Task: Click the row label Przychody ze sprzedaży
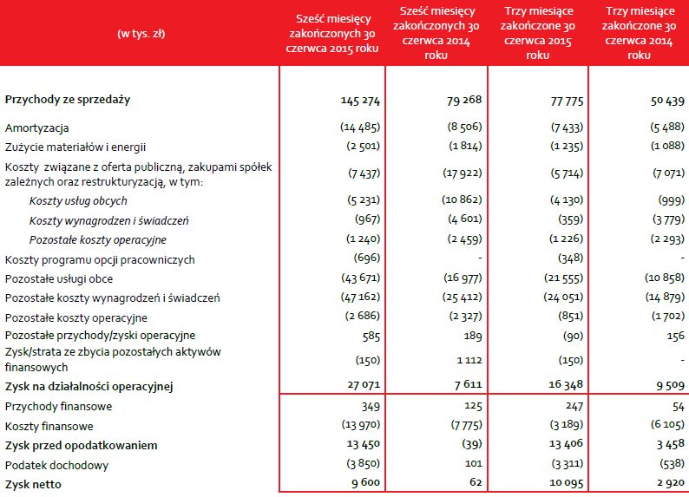tap(68, 100)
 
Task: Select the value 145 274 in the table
tap(360, 101)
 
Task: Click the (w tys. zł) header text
tap(141, 34)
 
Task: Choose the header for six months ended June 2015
tap(333, 34)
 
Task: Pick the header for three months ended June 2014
tap(639, 34)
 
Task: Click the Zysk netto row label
tap(35, 482)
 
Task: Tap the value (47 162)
tap(361, 298)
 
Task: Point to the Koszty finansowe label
tap(49, 426)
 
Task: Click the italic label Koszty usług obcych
tap(78, 200)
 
